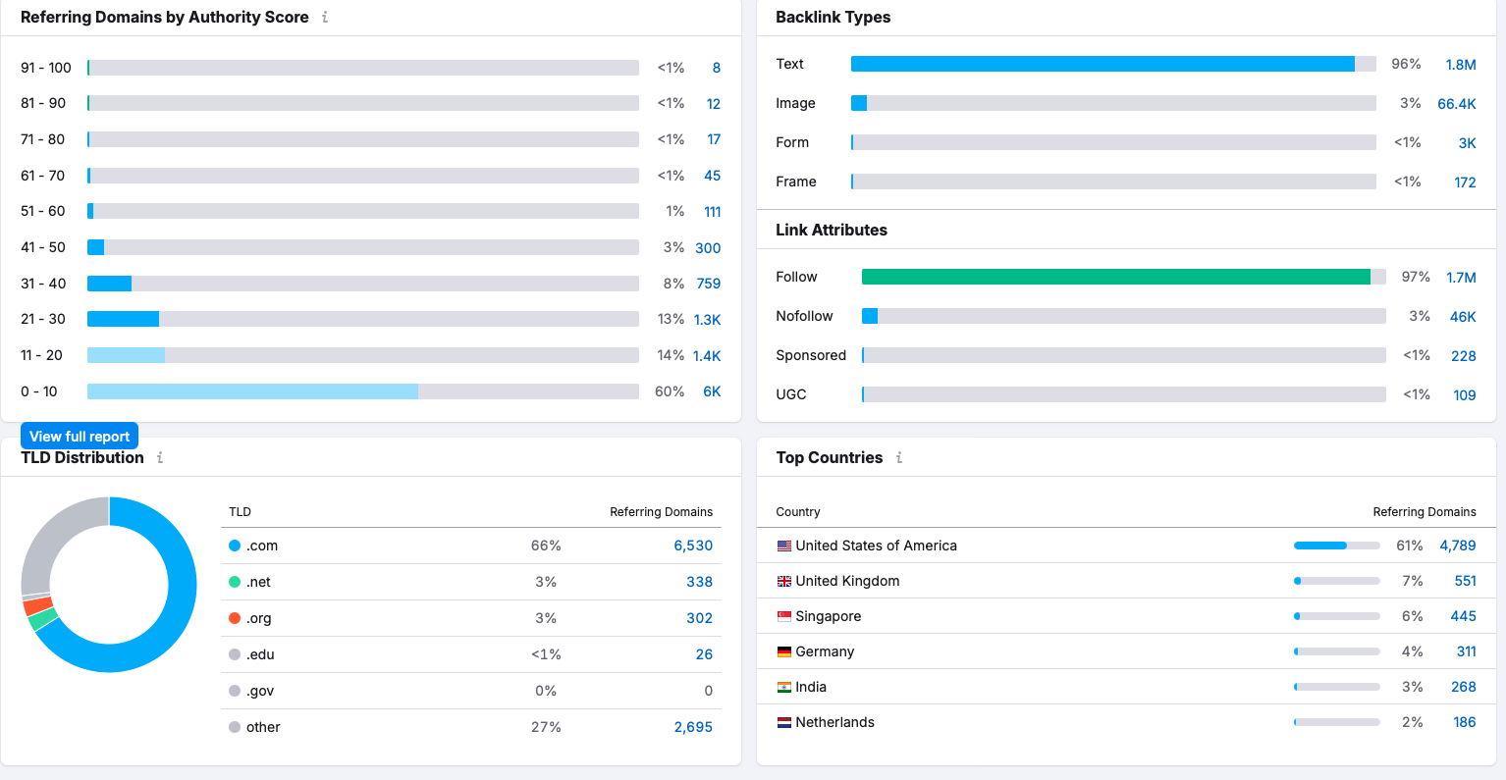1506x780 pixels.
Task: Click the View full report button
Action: [80, 437]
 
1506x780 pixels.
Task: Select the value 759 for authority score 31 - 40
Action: [708, 284]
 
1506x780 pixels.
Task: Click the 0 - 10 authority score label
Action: [39, 391]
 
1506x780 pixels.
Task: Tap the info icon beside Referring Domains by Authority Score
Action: [325, 17]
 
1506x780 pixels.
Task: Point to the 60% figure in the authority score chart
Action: [670, 391]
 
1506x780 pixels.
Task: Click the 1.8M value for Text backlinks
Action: [1460, 65]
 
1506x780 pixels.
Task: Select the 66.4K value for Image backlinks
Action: [1456, 104]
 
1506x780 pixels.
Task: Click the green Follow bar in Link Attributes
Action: [1115, 277]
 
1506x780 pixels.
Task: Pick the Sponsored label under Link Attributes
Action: [810, 355]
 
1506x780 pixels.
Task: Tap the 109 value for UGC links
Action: [1464, 395]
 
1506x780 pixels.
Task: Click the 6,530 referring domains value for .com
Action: [693, 546]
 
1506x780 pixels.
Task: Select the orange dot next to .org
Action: [235, 618]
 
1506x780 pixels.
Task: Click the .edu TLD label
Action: [260, 654]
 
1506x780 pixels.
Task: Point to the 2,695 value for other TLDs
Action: [693, 727]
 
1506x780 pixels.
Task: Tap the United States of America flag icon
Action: [783, 546]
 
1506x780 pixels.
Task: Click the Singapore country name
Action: [828, 616]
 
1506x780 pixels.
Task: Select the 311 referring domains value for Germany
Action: [1466, 651]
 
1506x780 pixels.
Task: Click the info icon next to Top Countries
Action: [898, 457]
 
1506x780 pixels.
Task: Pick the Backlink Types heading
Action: [833, 17]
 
